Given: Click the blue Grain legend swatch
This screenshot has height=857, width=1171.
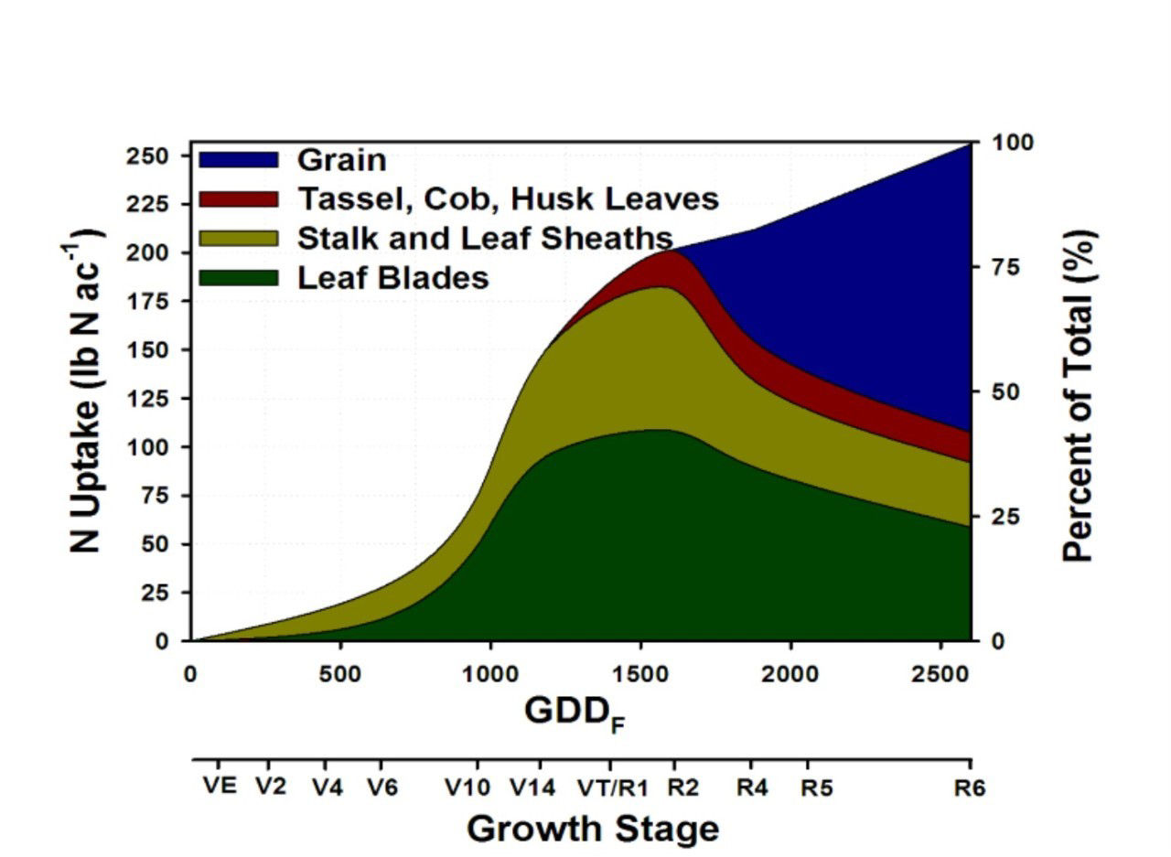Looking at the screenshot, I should [238, 159].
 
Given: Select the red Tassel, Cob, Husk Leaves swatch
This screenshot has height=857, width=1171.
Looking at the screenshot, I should [238, 198].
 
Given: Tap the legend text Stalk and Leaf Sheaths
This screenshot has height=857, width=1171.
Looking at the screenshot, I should [485, 238].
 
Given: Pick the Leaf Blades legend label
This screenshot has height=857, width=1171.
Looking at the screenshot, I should [393, 277].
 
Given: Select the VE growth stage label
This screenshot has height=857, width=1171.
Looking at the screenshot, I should [220, 786].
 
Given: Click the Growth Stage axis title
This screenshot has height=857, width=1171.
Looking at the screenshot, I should [593, 830].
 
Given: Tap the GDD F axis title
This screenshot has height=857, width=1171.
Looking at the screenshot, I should [575, 712].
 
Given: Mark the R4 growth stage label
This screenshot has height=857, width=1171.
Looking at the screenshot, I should [752, 787].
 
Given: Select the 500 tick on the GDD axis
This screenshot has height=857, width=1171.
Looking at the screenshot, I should [340, 674].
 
